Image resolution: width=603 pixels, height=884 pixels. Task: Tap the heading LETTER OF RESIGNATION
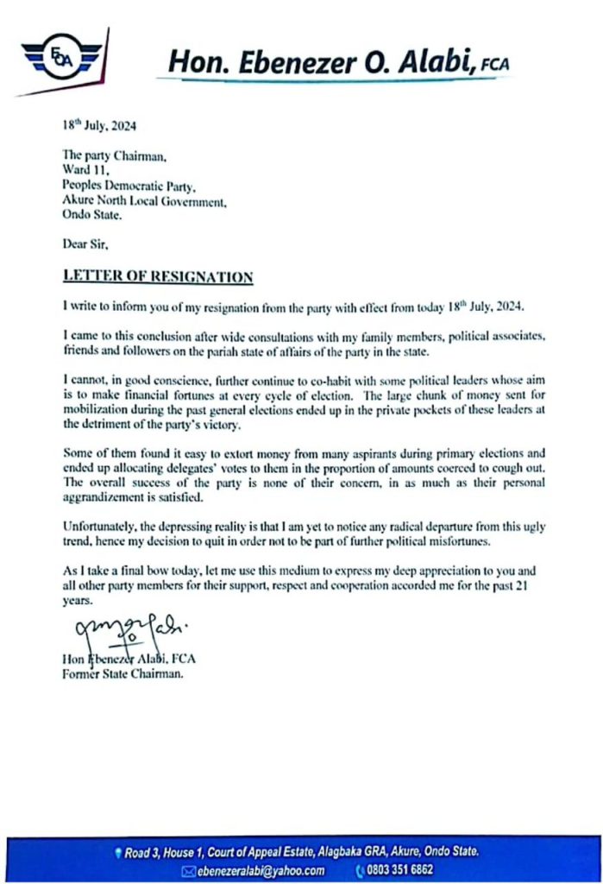[157, 277]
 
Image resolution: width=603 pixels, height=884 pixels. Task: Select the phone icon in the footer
[359, 869]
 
